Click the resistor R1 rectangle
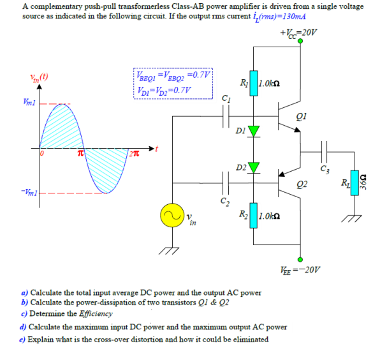click(254, 84)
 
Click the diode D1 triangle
click(254, 131)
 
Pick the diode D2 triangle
click(254, 168)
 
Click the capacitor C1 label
click(225, 98)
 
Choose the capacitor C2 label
click(225, 202)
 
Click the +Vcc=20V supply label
click(298, 32)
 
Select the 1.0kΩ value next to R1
click(271, 83)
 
